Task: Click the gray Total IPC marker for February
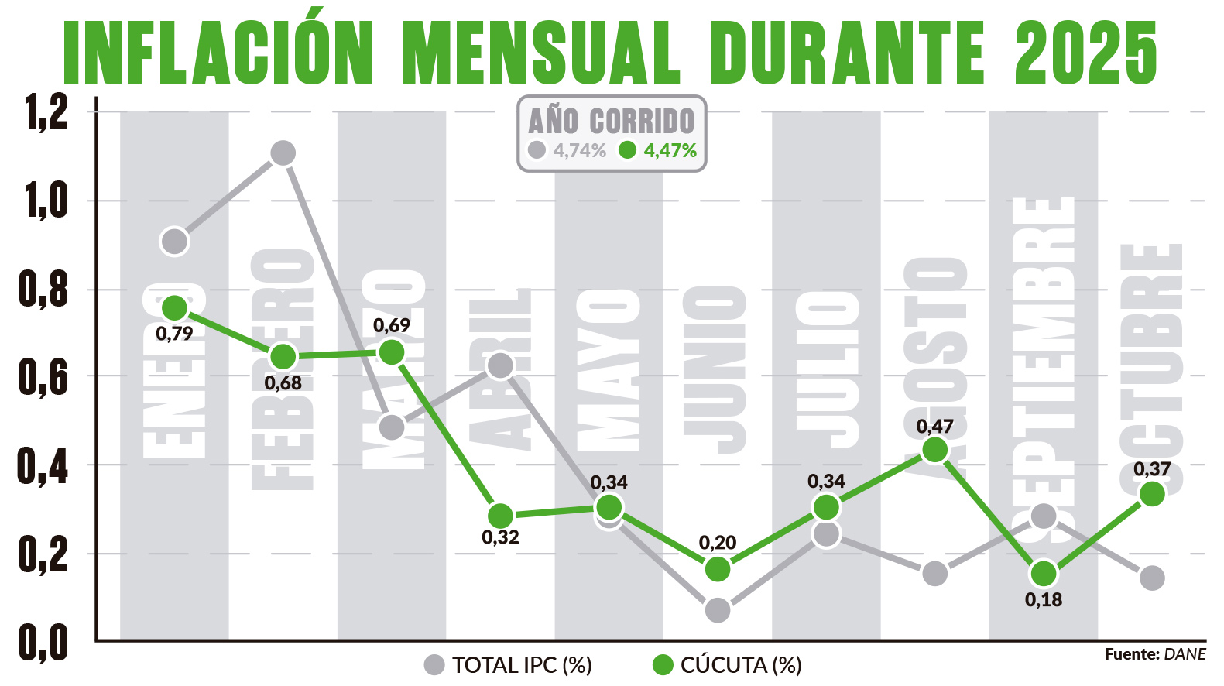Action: pos(283,153)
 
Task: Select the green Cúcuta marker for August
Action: pos(935,450)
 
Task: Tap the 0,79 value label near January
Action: pos(174,334)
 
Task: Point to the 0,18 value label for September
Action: pos(1043,599)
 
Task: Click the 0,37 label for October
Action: pos(1151,469)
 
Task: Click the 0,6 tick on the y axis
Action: pos(44,377)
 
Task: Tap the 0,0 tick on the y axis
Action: pos(44,642)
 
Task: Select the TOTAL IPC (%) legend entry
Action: pos(509,664)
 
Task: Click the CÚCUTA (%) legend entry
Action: pos(728,664)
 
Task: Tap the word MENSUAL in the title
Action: pos(541,52)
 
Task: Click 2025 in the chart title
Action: pos(1085,52)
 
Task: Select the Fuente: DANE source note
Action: pos(1154,654)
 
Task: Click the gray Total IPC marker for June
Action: pos(718,610)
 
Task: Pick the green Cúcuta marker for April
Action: pos(500,516)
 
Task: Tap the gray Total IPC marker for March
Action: pos(392,427)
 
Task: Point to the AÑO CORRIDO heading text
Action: pos(611,121)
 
